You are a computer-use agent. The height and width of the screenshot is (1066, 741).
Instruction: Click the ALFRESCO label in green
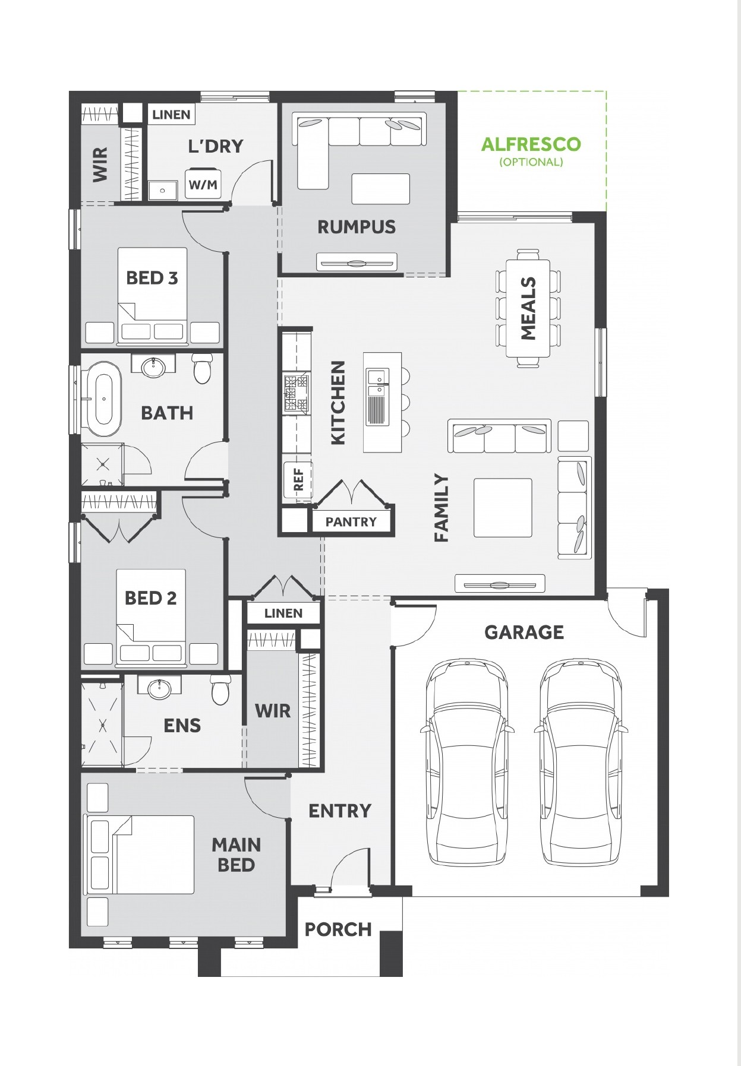click(531, 144)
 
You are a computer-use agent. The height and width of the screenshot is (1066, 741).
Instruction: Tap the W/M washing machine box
click(203, 184)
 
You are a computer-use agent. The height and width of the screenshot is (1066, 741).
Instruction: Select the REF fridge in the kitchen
click(297, 479)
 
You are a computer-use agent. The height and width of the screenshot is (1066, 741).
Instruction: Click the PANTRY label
click(351, 522)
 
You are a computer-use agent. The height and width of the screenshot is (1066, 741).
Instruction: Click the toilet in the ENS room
click(220, 689)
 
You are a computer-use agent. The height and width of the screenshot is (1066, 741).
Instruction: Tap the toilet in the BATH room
click(202, 369)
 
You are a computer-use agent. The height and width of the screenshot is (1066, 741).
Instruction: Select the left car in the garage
click(467, 763)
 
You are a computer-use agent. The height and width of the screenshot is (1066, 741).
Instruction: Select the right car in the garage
click(581, 763)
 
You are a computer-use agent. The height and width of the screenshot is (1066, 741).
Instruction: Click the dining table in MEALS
click(528, 308)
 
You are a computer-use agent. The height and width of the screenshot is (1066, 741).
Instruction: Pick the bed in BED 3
click(153, 295)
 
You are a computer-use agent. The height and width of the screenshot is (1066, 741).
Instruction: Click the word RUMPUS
click(357, 227)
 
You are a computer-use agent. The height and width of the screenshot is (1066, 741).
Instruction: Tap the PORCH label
click(338, 929)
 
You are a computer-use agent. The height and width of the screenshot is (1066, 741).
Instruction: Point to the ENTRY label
click(340, 811)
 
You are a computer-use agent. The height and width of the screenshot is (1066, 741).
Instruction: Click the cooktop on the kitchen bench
click(297, 393)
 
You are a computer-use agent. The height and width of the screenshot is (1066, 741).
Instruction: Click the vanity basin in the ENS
click(159, 688)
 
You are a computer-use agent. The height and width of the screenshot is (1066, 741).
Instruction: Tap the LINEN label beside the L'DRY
click(171, 115)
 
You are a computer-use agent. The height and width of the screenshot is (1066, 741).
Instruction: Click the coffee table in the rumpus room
click(380, 189)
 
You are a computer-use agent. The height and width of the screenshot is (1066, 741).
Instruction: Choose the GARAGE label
click(524, 632)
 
